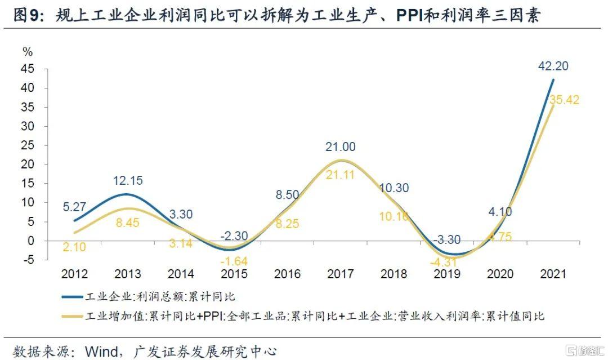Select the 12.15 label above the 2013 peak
[127, 181]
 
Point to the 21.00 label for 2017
[341, 147]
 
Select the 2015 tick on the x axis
[234, 274]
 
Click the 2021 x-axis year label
[553, 274]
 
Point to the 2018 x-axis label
[394, 274]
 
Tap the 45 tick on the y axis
[44, 69]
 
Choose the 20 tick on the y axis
[44, 165]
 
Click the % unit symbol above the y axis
[28, 52]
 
